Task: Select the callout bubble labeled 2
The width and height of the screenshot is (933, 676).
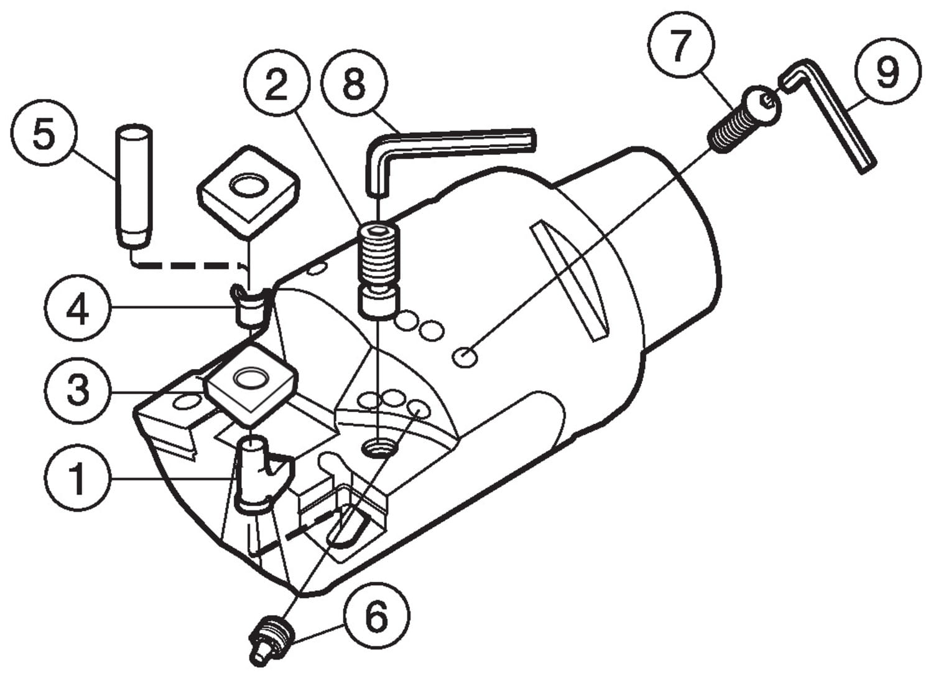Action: [x=277, y=85]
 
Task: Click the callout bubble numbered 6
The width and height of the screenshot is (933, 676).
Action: [x=376, y=617]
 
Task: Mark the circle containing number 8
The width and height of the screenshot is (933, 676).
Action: [x=355, y=84]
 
